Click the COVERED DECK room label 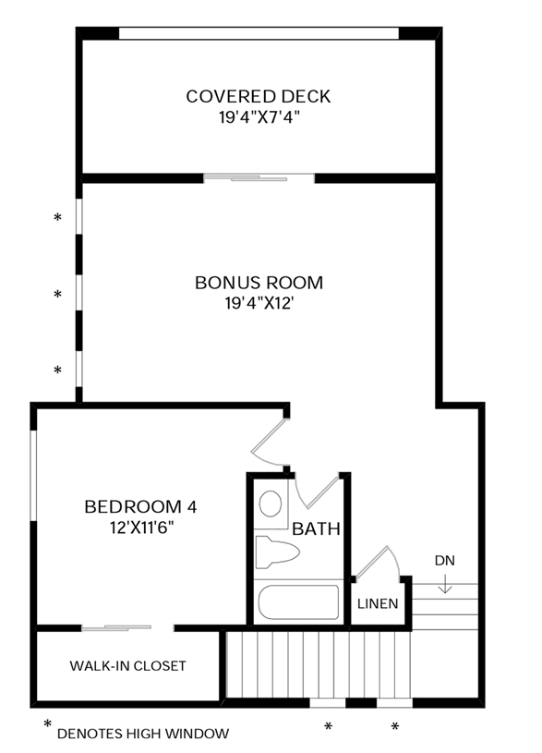[x=258, y=96]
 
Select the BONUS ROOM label [x=259, y=283]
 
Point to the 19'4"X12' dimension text [x=259, y=303]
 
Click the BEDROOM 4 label [x=140, y=506]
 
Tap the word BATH [x=316, y=530]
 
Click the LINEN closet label [x=378, y=605]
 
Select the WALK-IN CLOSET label [x=127, y=665]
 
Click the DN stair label [x=445, y=561]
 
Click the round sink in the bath [x=271, y=504]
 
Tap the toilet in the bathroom [x=277, y=553]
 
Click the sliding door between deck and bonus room [x=259, y=176]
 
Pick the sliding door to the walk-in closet [x=116, y=628]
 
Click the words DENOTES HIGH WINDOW [x=142, y=734]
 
